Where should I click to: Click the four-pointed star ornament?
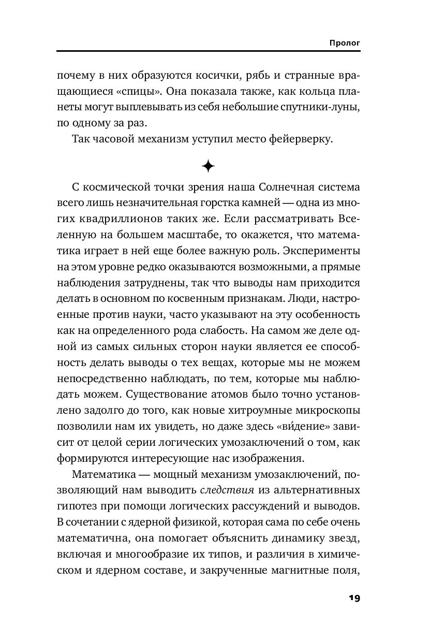click(x=208, y=166)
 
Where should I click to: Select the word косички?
click(x=212, y=76)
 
